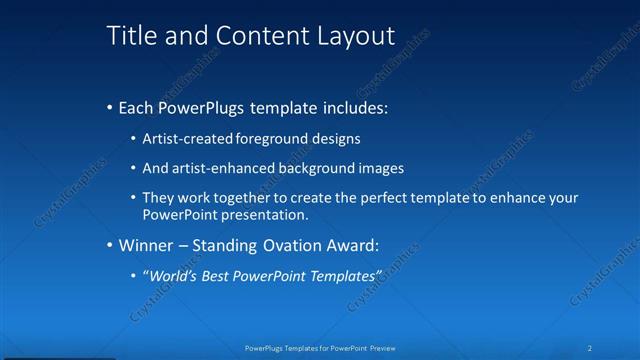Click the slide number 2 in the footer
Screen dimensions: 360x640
coord(591,348)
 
